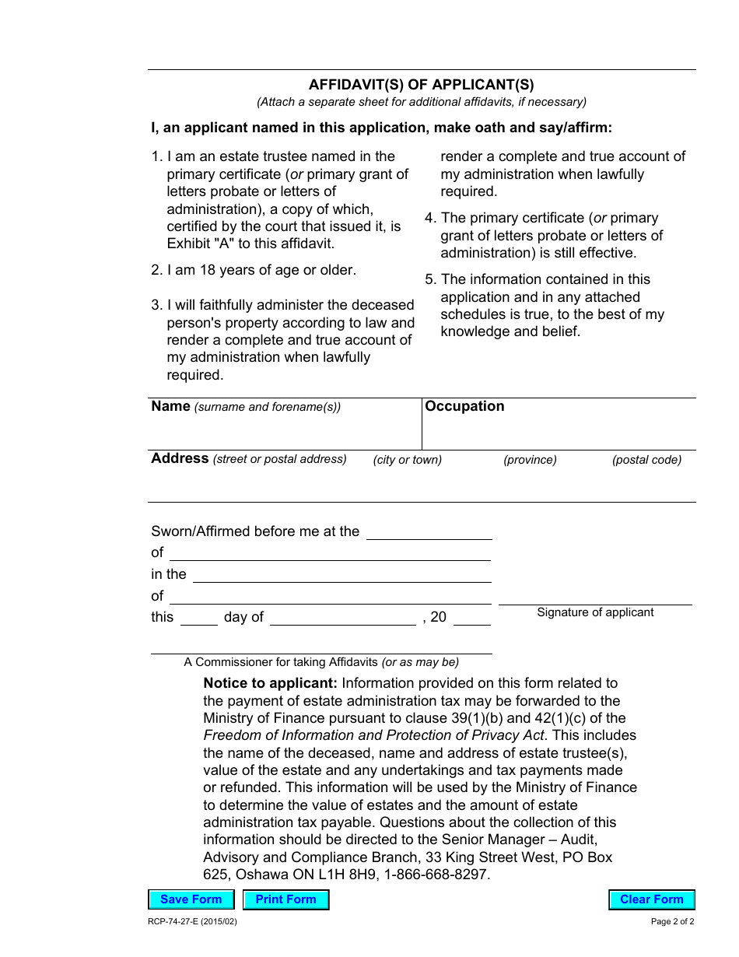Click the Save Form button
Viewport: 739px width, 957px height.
tap(191, 899)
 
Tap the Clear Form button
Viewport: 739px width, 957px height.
tap(651, 899)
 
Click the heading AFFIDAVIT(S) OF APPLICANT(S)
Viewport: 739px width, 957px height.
tap(422, 85)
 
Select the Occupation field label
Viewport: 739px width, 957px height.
tap(464, 406)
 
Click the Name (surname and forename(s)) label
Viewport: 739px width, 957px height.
tap(246, 406)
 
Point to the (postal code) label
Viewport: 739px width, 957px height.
tap(646, 460)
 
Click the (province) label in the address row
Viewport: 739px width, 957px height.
tap(530, 460)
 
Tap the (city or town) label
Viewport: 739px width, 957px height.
tap(407, 460)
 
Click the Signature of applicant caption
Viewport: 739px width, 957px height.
tap(595, 612)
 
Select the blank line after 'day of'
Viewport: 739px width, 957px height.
tap(342, 619)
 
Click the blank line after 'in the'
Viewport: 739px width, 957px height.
tap(341, 576)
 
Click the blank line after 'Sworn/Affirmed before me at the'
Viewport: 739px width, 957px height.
tap(429, 533)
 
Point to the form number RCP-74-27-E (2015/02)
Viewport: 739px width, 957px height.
tap(193, 921)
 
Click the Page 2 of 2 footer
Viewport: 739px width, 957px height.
tap(672, 921)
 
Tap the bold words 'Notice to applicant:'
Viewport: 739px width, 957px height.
tap(270, 683)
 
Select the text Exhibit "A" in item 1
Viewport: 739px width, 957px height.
tap(201, 244)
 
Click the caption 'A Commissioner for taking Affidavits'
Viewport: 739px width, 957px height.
tap(282, 662)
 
